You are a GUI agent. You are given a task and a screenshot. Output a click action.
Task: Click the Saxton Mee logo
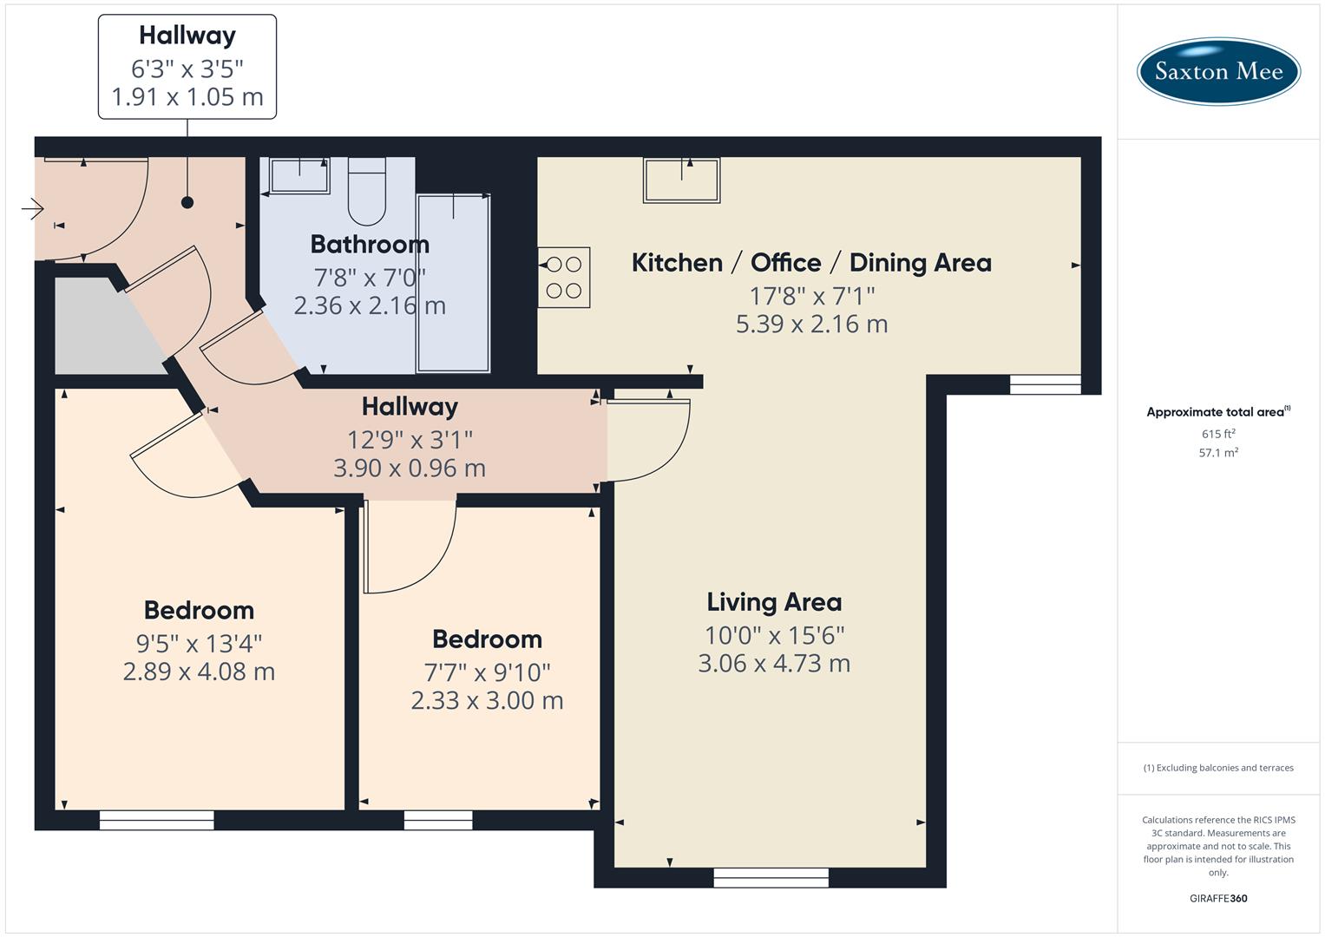click(x=1217, y=71)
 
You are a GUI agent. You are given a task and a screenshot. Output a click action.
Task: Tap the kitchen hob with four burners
click(x=564, y=278)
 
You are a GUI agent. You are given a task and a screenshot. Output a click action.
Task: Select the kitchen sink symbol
click(x=681, y=180)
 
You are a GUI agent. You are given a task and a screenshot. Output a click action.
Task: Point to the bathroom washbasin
click(x=299, y=175)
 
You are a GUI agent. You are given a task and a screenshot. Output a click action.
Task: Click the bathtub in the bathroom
click(x=453, y=284)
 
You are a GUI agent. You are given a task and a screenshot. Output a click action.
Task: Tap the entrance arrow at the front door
click(x=33, y=209)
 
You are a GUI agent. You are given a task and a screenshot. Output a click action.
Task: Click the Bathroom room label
click(x=370, y=245)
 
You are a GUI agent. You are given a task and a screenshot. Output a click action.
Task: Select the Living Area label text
click(x=774, y=602)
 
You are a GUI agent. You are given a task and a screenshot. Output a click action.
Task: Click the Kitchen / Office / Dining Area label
click(x=811, y=263)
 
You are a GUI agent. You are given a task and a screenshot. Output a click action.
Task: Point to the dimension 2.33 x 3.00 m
click(x=487, y=700)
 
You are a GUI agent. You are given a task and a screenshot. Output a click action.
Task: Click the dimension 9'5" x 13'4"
click(x=199, y=644)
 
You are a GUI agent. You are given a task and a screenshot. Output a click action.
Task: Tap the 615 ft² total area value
click(x=1218, y=434)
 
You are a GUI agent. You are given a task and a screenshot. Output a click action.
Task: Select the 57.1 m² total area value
click(x=1218, y=453)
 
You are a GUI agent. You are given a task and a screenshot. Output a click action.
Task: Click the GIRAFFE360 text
click(x=1218, y=899)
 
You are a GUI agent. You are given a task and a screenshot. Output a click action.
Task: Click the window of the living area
click(x=771, y=878)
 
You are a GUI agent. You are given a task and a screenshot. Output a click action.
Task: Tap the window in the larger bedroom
click(x=156, y=820)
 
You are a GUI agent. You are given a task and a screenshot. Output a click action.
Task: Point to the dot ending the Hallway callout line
click(x=187, y=202)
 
